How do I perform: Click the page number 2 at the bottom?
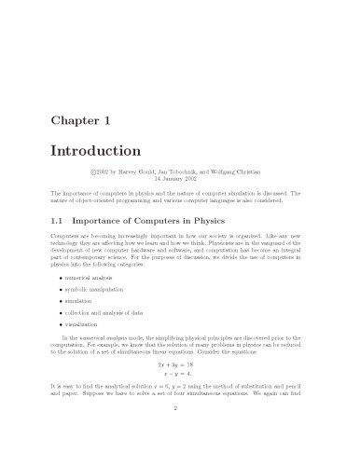tap(180, 433)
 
